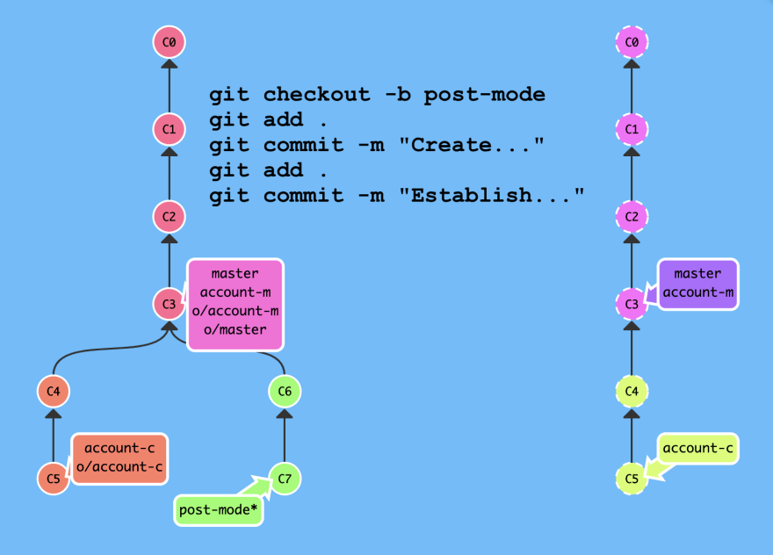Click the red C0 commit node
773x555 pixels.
pos(169,42)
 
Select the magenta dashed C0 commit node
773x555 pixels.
pos(632,42)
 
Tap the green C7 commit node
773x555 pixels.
pos(285,478)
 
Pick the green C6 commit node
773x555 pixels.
pos(285,391)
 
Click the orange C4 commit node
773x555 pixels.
pos(54,391)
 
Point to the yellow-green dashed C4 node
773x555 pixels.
pos(632,391)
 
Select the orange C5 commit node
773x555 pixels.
pos(54,478)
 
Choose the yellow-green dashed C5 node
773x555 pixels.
pos(632,478)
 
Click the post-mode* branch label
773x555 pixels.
pos(219,510)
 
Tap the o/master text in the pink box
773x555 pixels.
pos(235,329)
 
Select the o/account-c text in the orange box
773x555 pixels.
pos(119,466)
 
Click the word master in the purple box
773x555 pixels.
pos(697,274)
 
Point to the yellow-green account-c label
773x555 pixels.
pos(697,448)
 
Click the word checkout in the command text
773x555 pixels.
pos(316,94)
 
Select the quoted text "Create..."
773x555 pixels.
pos(472,144)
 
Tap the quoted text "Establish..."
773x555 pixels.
pos(492,195)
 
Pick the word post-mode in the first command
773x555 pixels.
pos(485,95)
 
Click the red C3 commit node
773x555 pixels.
pos(169,304)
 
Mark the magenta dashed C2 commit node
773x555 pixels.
pos(632,216)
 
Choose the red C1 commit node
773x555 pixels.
pos(169,129)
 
